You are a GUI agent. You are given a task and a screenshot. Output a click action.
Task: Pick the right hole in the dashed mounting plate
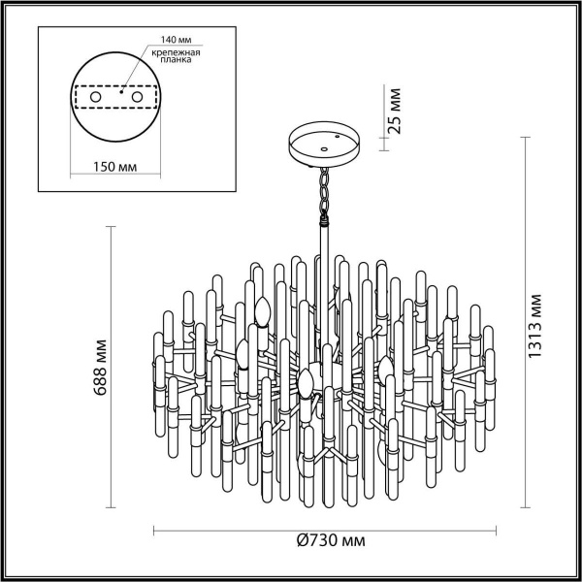click(x=139, y=96)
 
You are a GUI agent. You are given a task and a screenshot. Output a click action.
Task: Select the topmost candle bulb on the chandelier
click(x=260, y=311)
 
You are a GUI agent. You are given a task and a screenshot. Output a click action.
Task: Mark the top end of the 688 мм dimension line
click(x=109, y=227)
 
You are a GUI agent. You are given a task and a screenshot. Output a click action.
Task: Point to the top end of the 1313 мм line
click(x=527, y=136)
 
